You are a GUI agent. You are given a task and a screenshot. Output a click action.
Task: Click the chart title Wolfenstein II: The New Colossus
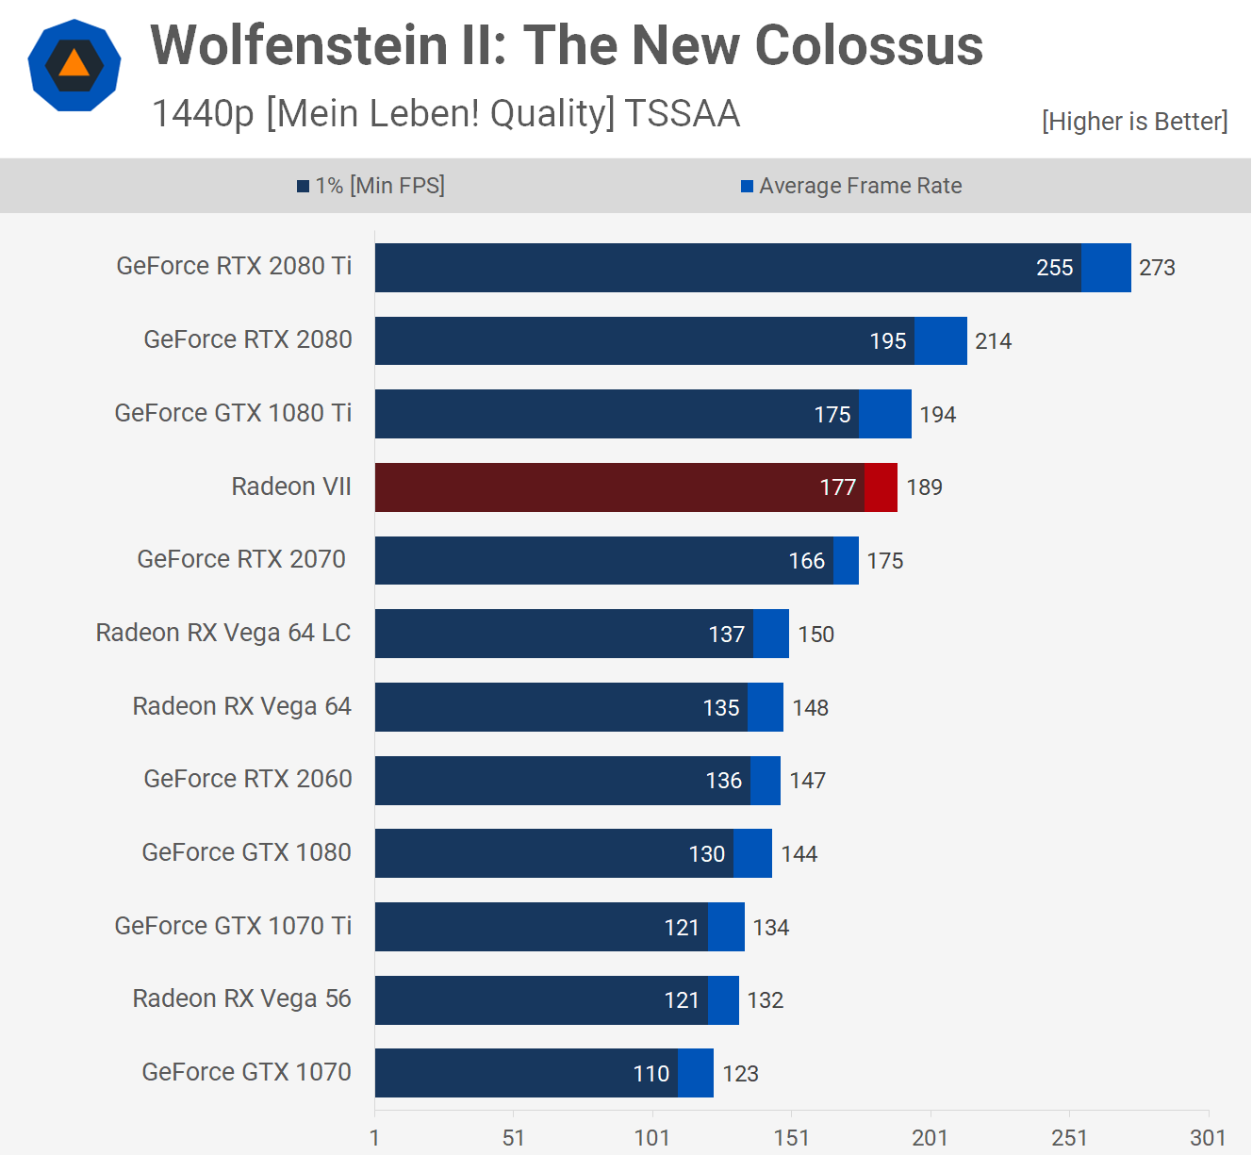[567, 45]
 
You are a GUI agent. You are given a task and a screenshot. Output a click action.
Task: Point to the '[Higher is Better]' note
[1134, 122]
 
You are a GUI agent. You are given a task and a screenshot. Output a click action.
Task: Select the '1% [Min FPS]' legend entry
[371, 186]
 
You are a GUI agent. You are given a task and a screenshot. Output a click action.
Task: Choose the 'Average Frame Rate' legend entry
[851, 186]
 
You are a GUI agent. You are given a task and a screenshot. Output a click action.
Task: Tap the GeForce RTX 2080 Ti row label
[234, 266]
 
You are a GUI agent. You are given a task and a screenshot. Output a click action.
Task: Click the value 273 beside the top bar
[1157, 268]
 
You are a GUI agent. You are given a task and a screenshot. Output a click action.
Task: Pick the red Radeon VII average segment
[881, 487]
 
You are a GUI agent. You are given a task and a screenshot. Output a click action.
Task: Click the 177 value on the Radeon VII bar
[837, 487]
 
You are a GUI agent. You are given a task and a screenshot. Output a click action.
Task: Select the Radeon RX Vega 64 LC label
[223, 633]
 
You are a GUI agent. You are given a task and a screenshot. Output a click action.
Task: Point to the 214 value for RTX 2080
[993, 341]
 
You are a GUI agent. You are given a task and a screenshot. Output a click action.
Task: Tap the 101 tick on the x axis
[652, 1137]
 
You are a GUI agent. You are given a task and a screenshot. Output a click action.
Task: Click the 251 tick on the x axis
[1069, 1137]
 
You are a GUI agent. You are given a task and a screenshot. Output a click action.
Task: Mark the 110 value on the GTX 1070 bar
[651, 1074]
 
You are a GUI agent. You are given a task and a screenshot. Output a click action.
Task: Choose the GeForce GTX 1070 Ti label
[233, 926]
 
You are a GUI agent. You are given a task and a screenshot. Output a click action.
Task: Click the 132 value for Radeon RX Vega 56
[766, 1000]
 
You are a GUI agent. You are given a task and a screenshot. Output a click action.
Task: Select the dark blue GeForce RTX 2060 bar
[562, 781]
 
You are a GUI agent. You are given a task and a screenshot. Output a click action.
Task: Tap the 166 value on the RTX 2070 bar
[807, 561]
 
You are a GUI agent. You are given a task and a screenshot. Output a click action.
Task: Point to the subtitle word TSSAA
[682, 114]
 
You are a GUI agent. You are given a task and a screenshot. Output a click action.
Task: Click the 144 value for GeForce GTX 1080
[799, 854]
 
